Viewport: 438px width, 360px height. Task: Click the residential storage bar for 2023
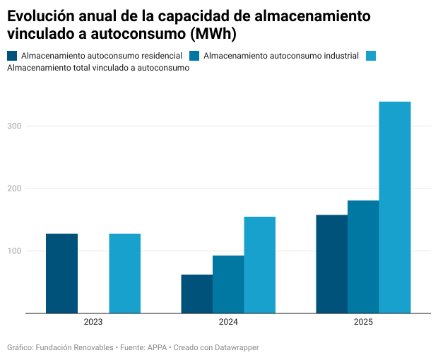tap(61, 273)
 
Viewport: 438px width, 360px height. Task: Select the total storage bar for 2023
tap(124, 273)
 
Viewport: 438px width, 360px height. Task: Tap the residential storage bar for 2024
tap(196, 294)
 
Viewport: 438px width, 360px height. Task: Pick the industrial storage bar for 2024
tap(228, 284)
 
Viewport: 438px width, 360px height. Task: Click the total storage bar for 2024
tap(259, 265)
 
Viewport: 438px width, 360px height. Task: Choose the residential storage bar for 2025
tap(331, 264)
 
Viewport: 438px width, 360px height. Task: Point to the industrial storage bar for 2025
tap(363, 256)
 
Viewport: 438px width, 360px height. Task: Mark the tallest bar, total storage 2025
tap(394, 207)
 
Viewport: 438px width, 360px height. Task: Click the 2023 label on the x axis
tap(93, 322)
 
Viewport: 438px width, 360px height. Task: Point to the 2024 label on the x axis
tap(228, 322)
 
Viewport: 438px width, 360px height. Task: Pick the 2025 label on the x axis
tap(363, 322)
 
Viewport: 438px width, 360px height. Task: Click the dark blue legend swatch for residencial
tap(12, 56)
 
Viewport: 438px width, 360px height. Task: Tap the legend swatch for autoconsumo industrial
tap(194, 56)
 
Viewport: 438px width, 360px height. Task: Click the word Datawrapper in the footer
tap(236, 347)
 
